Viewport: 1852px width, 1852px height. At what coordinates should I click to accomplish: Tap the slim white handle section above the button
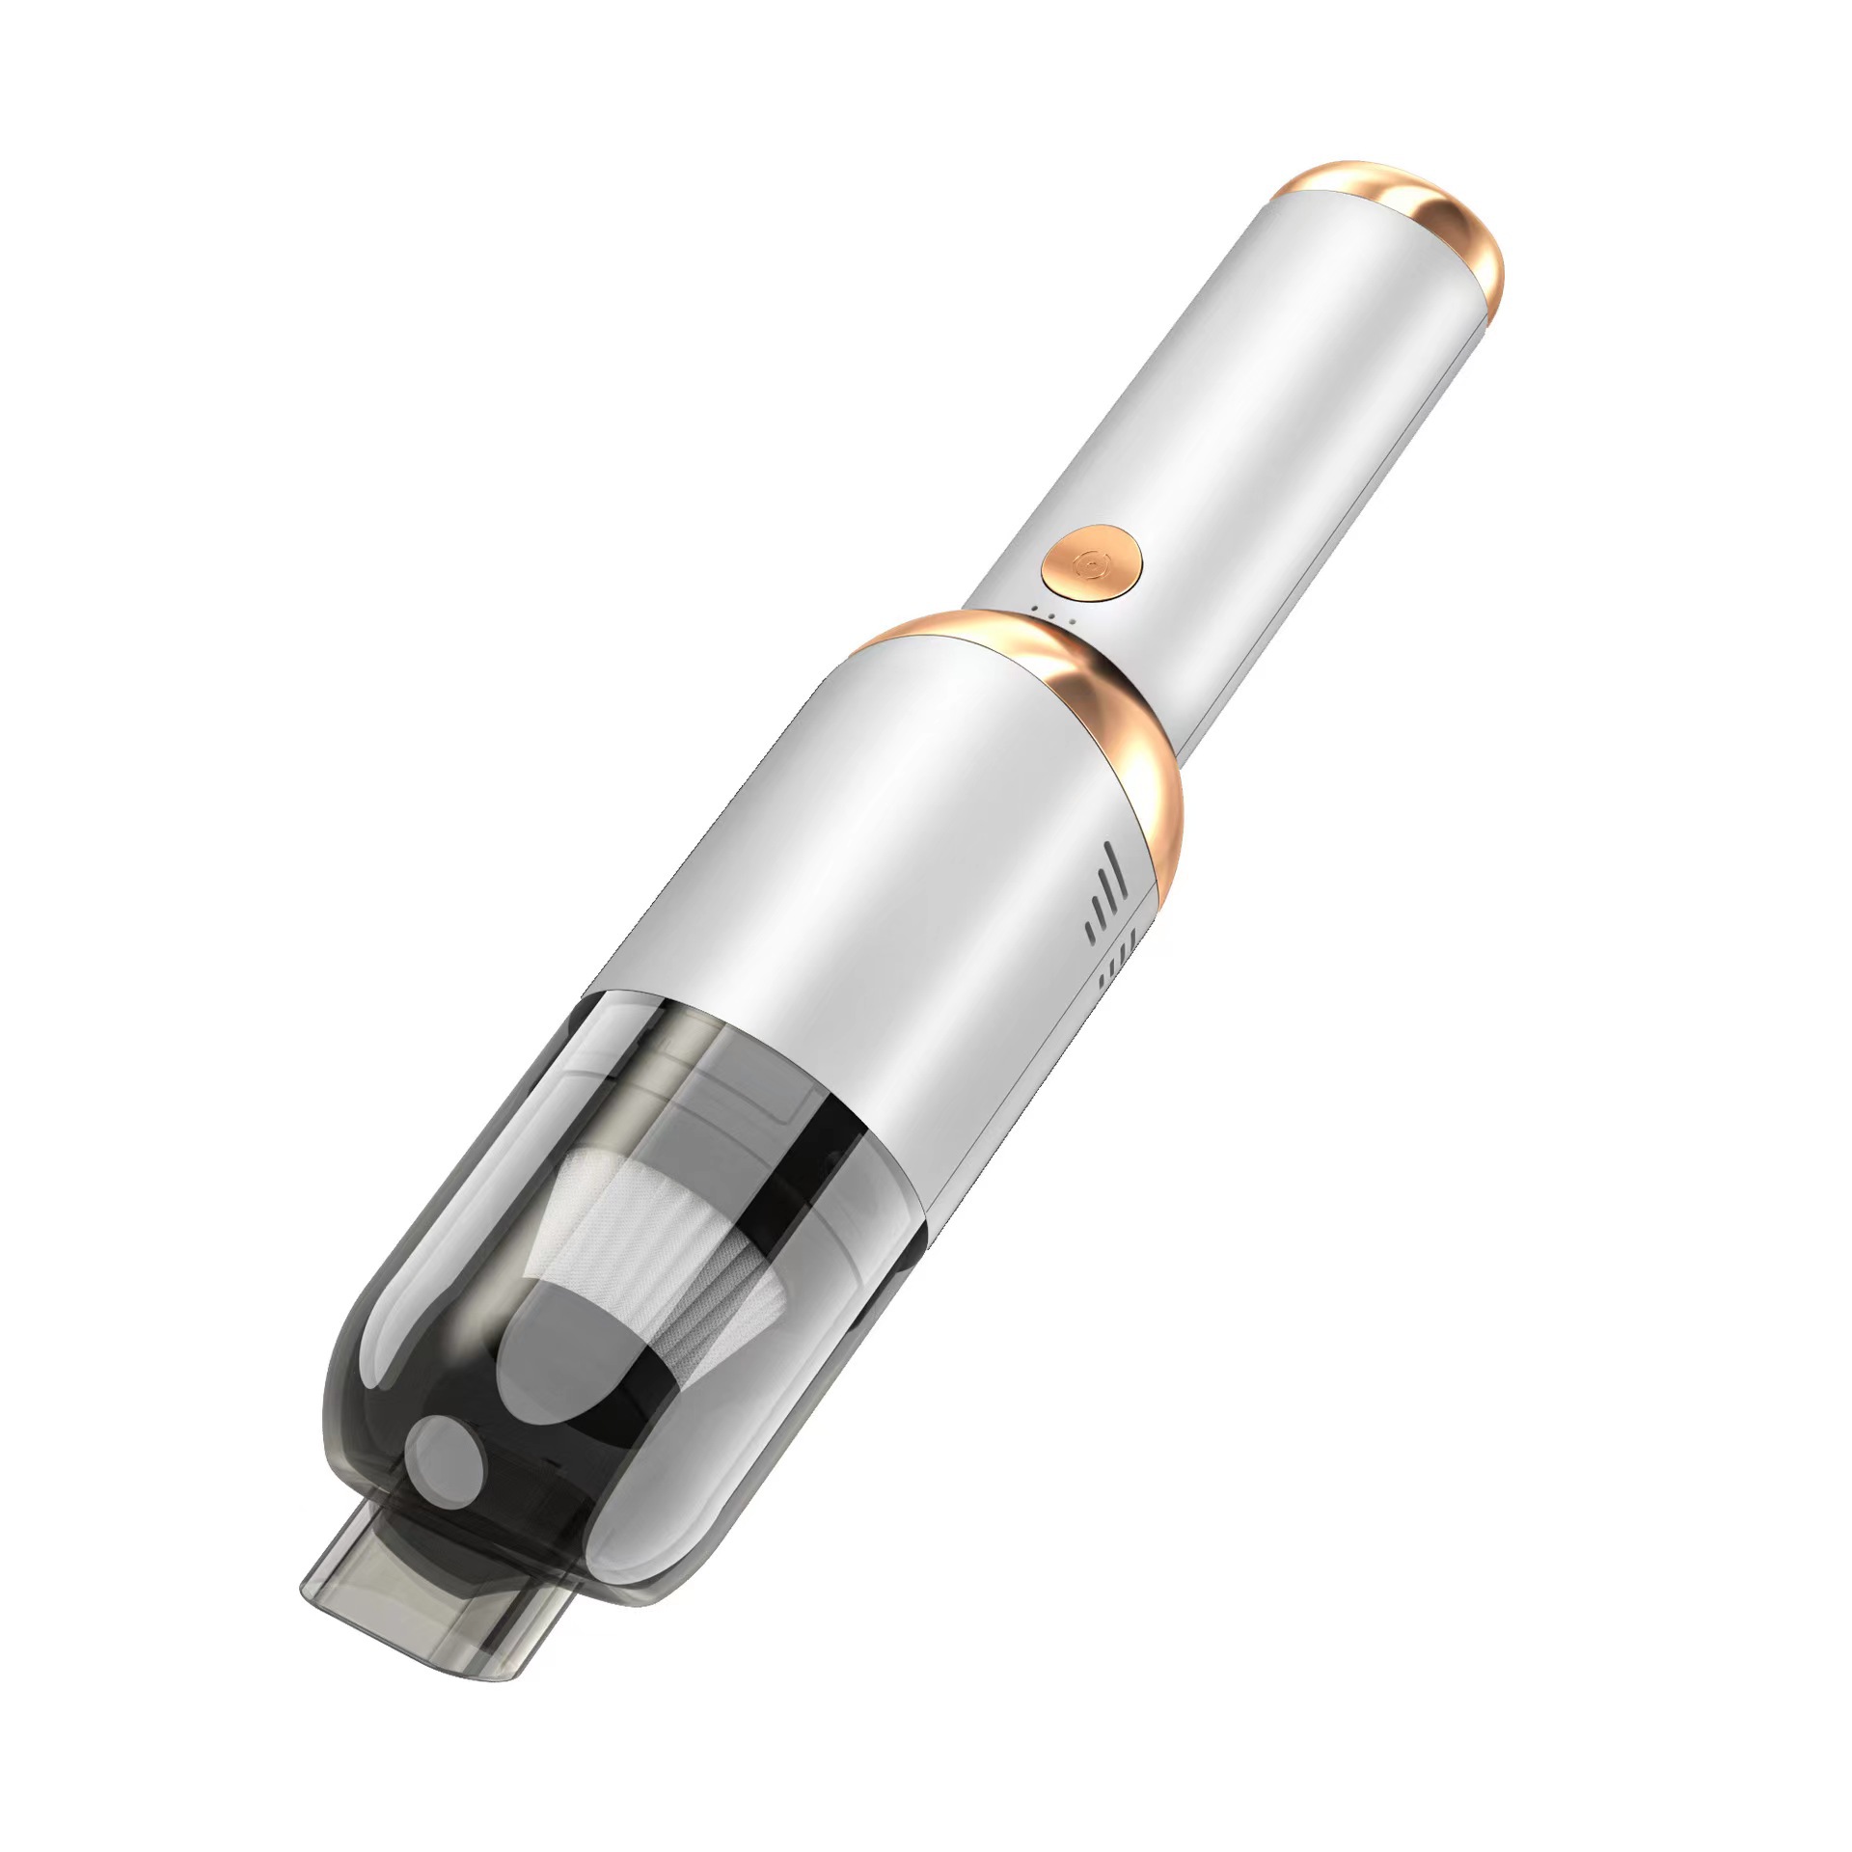point(1254,386)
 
